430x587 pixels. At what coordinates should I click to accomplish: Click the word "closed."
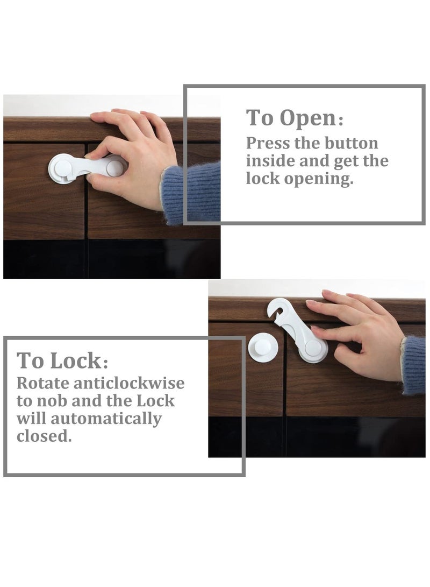tap(44, 436)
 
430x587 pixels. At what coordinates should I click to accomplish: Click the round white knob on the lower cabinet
tap(263, 347)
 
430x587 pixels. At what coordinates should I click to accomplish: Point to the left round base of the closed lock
tap(62, 168)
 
